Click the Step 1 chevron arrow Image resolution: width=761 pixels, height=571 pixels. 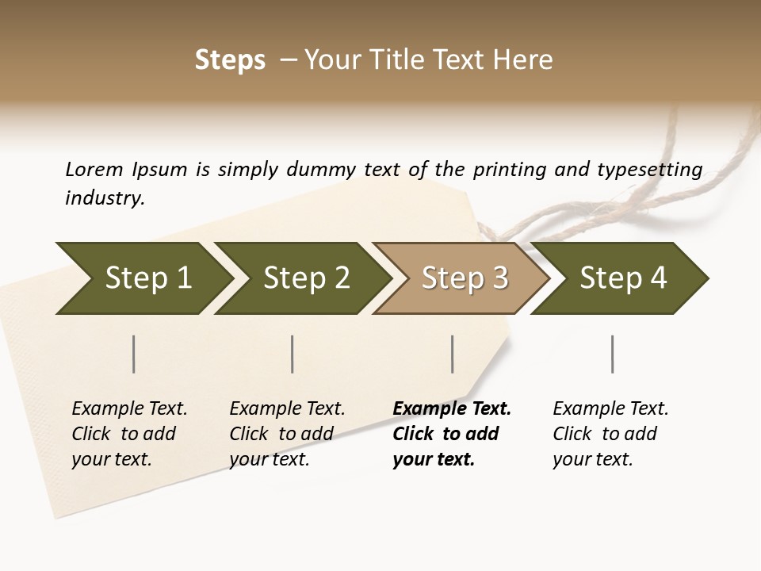coord(147,278)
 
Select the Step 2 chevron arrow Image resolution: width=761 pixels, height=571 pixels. coord(305,278)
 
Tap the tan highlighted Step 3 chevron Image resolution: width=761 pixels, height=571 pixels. coord(464,278)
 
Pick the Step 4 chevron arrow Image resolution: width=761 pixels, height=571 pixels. coord(622,278)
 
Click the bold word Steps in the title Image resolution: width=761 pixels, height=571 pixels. coord(230,60)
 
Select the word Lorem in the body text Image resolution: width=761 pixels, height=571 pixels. coord(94,169)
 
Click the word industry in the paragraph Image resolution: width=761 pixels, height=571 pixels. coord(104,198)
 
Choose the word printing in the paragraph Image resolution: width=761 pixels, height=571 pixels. coord(508,169)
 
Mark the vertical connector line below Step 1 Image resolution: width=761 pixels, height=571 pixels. coord(133,354)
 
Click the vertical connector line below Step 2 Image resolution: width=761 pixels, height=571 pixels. coord(292,354)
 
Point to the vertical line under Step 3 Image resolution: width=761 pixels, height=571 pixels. coord(452,354)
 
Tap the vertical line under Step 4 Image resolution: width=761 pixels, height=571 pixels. coord(612,354)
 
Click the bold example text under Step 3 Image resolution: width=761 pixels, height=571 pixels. coord(448,434)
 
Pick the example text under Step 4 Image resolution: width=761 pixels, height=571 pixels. coord(609,434)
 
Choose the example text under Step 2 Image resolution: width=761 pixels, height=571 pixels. coord(285,434)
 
